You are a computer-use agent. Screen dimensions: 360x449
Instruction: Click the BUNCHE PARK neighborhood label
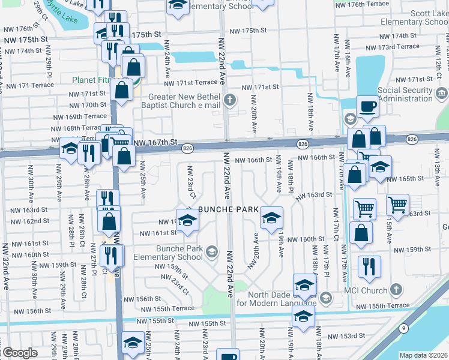[x=228, y=209]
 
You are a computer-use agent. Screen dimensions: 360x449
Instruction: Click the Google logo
[x=19, y=353]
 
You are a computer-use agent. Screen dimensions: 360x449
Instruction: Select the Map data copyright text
[x=424, y=355]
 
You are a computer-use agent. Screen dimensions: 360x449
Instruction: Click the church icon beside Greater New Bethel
[x=230, y=100]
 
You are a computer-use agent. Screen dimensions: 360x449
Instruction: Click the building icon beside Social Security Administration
[x=441, y=93]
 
